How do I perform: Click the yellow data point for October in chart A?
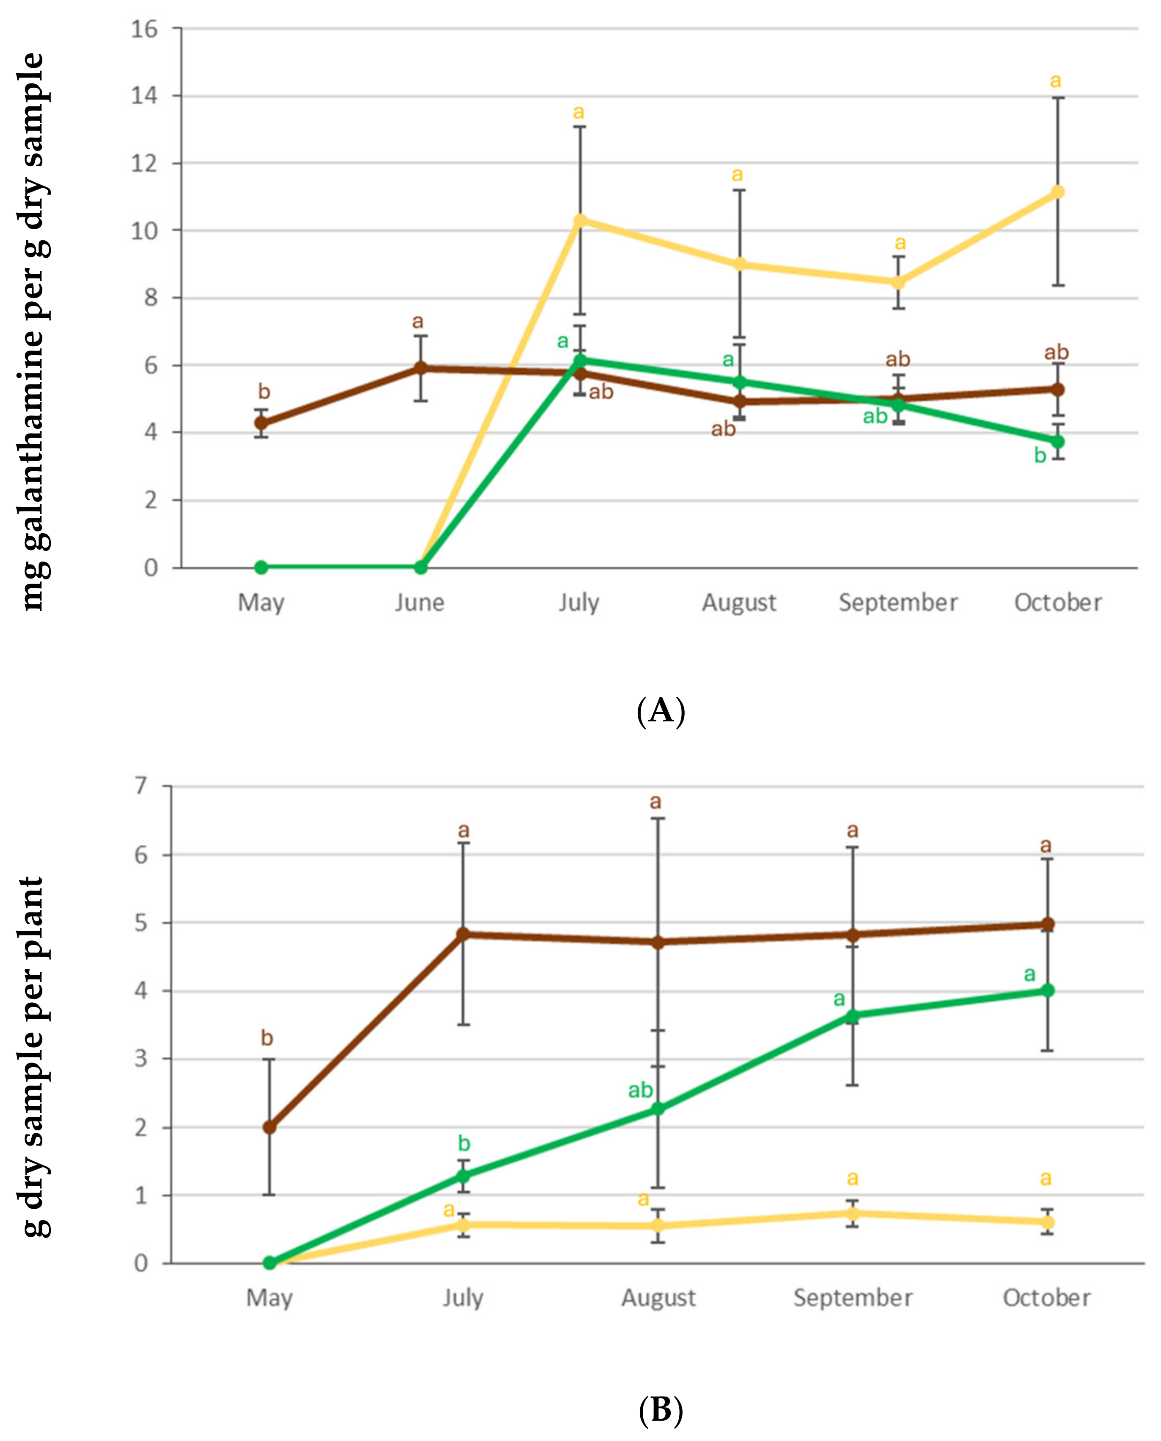(x=1057, y=192)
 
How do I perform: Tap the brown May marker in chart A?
(x=261, y=423)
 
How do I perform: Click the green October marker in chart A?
(x=1057, y=442)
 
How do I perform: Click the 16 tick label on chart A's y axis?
(x=144, y=29)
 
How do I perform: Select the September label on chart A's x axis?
(x=898, y=603)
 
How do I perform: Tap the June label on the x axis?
(x=419, y=603)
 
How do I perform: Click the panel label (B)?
(x=661, y=1410)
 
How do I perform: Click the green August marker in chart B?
(x=658, y=1109)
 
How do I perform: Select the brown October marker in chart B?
(x=1048, y=924)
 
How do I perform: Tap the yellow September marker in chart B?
(x=853, y=1213)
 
